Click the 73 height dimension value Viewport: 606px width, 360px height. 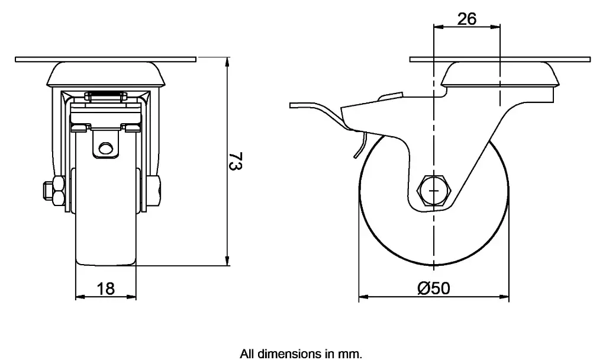pyautogui.click(x=235, y=162)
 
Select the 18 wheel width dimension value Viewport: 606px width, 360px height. pyautogui.click(x=105, y=288)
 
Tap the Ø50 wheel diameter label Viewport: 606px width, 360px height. pyautogui.click(x=434, y=288)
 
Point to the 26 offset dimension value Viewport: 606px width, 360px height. pyautogui.click(x=467, y=19)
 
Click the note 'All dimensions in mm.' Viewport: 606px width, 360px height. pyautogui.click(x=301, y=354)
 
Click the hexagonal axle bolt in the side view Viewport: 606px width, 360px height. pyautogui.click(x=435, y=191)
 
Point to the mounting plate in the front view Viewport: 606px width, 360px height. pyautogui.click(x=105, y=60)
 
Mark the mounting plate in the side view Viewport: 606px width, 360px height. pyautogui.click(x=500, y=60)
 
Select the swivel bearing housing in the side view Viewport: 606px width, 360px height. pyautogui.click(x=500, y=76)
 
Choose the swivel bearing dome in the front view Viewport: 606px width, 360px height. pyautogui.click(x=105, y=75)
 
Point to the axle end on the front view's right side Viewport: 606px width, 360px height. pyautogui.click(x=153, y=191)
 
